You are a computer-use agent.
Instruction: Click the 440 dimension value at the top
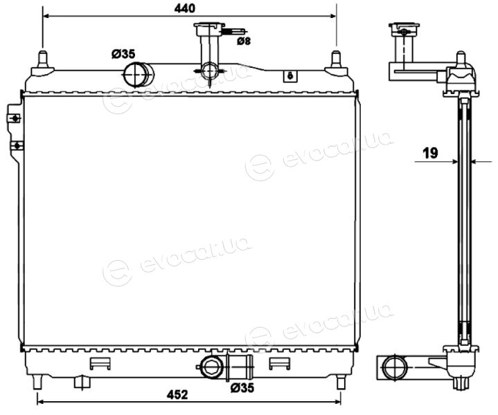184,8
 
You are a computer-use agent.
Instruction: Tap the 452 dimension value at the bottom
177,395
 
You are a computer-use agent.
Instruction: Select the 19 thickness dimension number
430,153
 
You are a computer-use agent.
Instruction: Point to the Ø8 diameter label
244,41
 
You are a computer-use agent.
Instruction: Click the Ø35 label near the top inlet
123,54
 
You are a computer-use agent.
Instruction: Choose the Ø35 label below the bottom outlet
242,387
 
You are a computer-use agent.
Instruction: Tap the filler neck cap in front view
209,28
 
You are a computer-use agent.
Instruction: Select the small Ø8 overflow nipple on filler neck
234,31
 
